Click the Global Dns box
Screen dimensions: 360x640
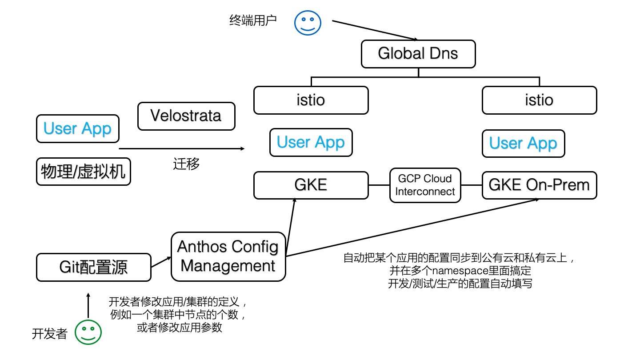tap(418, 54)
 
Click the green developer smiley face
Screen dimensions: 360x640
tap(88, 332)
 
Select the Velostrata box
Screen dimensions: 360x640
tap(186, 116)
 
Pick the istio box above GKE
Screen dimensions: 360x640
tap(311, 100)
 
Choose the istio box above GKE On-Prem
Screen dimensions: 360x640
tap(539, 100)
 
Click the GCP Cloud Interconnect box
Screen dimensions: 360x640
tap(425, 185)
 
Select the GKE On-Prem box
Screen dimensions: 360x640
tap(539, 185)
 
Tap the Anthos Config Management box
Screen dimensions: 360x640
tap(228, 256)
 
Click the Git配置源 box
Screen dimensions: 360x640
tap(93, 267)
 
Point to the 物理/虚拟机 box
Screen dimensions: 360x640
tap(83, 172)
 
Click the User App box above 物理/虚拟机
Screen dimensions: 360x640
tap(77, 129)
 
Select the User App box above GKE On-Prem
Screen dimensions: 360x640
tap(523, 144)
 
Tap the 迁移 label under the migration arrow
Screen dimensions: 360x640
tap(186, 164)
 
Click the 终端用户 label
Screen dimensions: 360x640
tap(253, 20)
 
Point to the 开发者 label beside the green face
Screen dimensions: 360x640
tap(49, 334)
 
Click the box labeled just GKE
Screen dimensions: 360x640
tap(311, 185)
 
